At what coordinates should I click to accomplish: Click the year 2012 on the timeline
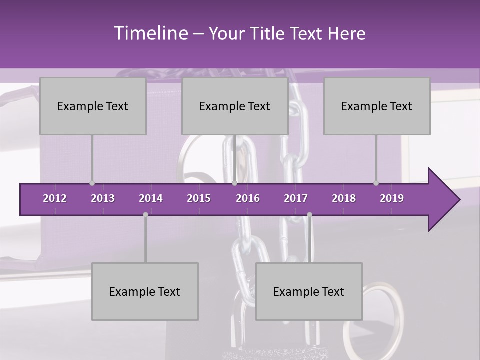tap(55, 198)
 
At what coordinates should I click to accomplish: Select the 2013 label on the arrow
tap(103, 198)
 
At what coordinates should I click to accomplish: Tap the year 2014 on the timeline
tap(151, 198)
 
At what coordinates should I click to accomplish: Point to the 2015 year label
tap(199, 198)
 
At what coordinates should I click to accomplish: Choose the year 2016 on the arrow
tap(248, 198)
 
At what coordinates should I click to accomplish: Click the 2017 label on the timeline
tap(296, 198)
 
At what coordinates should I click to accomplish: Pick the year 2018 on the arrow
tap(344, 198)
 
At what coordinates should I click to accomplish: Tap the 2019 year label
tap(392, 198)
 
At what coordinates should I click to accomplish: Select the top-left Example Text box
tap(93, 106)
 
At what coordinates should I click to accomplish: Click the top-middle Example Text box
tap(235, 106)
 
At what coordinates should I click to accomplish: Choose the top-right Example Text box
tap(377, 106)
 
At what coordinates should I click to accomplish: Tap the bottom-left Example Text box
tap(145, 292)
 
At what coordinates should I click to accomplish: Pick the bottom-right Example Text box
tap(309, 292)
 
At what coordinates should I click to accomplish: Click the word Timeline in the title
tap(150, 33)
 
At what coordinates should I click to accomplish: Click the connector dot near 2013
tap(92, 183)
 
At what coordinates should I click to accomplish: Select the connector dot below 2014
tap(145, 215)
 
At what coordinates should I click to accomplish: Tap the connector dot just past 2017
tap(309, 215)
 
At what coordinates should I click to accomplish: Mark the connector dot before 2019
tap(376, 183)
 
